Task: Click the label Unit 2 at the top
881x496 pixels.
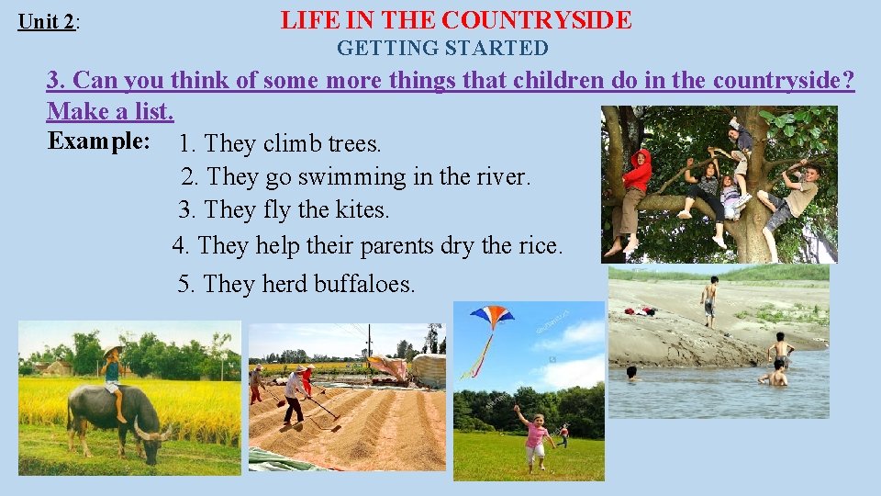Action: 47,21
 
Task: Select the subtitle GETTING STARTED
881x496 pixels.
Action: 442,49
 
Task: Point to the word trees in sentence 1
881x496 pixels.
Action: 352,144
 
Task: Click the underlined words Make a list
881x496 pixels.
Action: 110,112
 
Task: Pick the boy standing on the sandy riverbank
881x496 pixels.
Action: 708,299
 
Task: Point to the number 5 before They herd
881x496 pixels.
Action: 184,284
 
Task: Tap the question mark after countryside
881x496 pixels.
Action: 847,81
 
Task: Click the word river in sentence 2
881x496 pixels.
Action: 506,176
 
